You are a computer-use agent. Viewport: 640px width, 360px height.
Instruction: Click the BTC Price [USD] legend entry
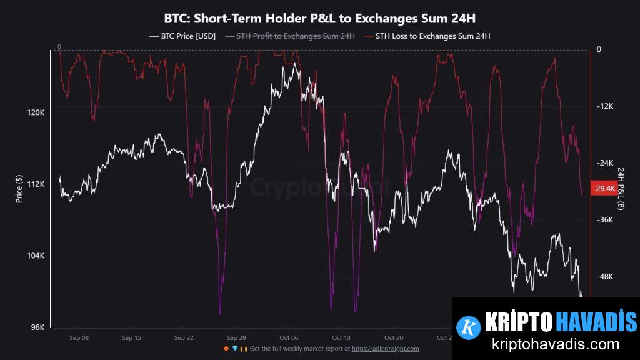pos(182,36)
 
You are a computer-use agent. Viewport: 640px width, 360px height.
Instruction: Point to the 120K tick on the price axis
pos(35,112)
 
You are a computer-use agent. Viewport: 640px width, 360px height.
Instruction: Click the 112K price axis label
pos(35,184)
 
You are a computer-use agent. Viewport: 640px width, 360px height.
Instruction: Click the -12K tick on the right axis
pos(604,106)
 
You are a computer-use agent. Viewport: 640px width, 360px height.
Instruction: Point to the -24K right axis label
pos(604,163)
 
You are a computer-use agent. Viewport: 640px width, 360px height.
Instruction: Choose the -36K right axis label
pos(604,220)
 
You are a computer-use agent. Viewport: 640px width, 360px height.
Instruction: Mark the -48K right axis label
pos(604,277)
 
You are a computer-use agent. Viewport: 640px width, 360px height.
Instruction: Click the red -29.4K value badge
pos(604,188)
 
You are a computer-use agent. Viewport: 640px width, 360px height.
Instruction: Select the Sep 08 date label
pos(79,337)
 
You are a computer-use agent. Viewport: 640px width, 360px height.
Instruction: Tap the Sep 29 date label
pos(236,337)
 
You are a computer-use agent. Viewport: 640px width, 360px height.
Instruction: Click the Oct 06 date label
pos(289,337)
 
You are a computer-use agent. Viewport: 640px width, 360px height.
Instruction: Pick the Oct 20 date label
pos(393,337)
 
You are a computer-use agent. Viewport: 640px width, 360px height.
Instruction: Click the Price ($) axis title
pos(19,189)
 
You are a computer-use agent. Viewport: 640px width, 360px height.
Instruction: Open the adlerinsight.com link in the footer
pos(385,349)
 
